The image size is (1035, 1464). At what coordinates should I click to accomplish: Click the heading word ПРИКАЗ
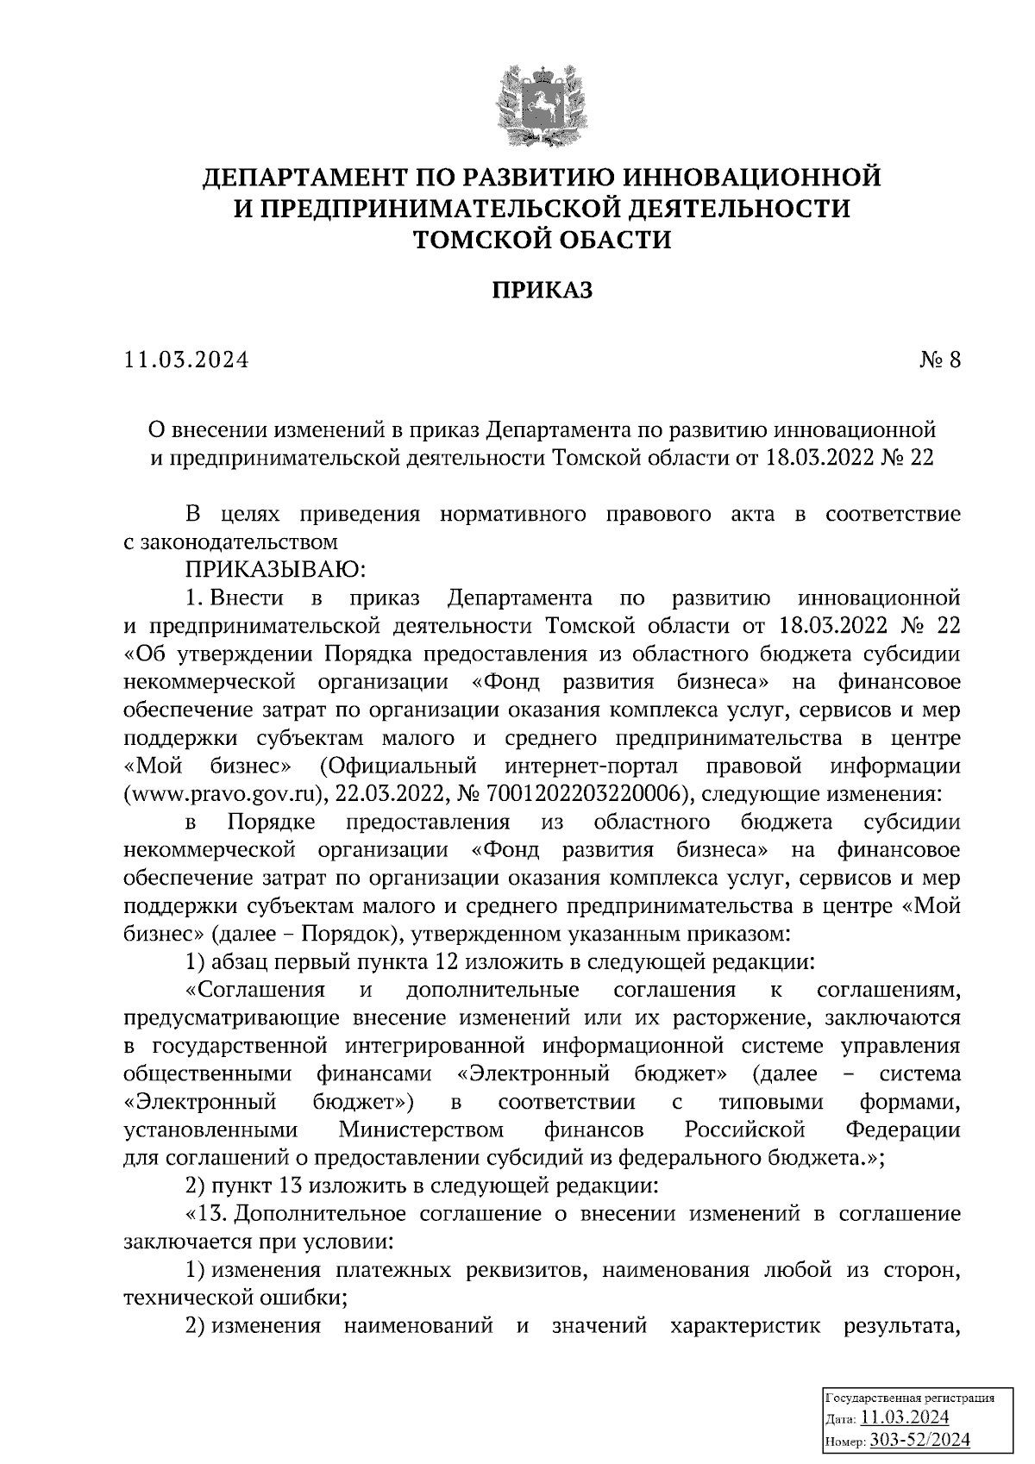click(x=543, y=291)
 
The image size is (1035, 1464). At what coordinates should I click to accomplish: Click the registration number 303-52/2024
click(x=920, y=1440)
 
